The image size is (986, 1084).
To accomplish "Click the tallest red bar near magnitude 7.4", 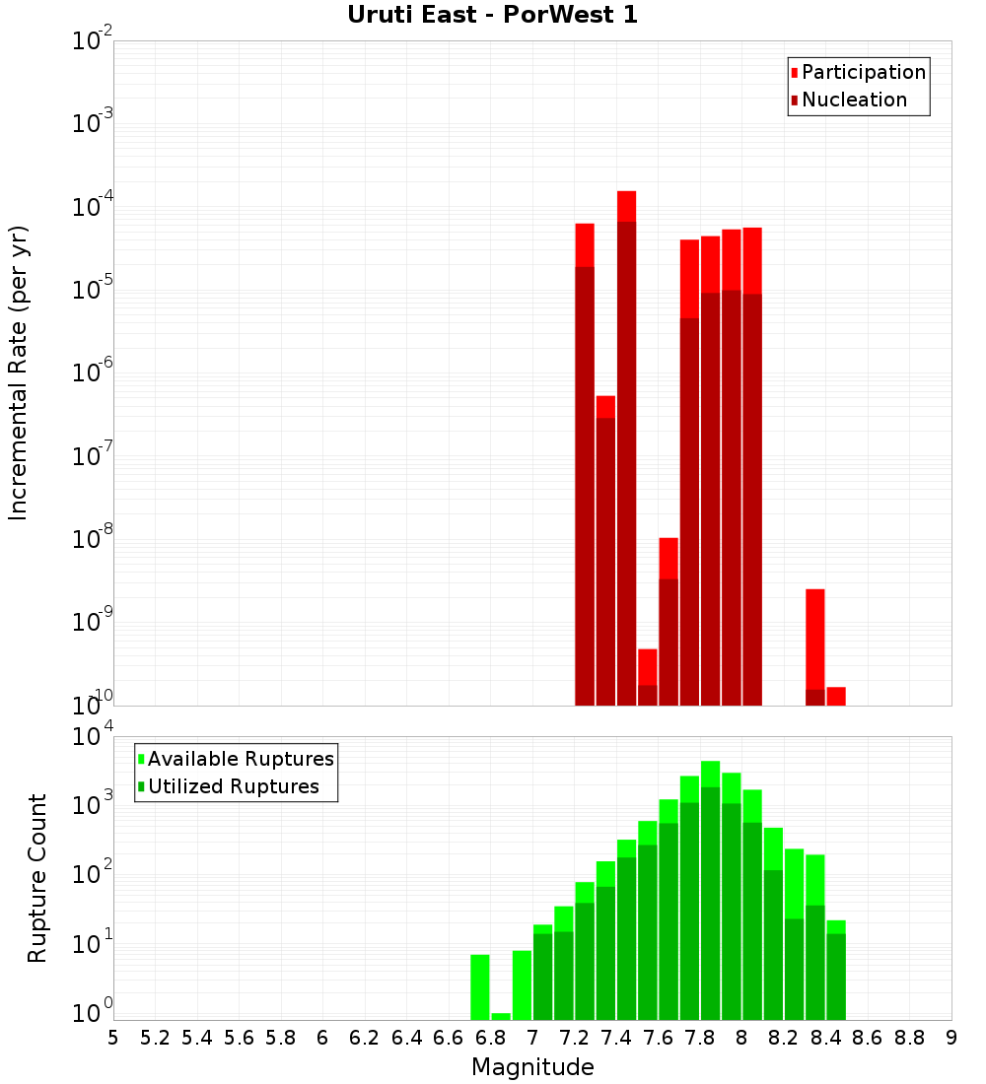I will pyautogui.click(x=626, y=443).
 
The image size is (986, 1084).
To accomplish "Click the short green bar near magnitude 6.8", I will pyautogui.click(x=501, y=1016).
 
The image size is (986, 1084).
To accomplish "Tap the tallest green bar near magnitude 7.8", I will pyautogui.click(x=710, y=887).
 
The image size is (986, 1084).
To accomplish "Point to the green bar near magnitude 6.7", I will pyautogui.click(x=480, y=985).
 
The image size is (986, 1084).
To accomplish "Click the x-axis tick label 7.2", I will pyautogui.click(x=574, y=1038).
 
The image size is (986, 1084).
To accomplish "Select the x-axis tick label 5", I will pyautogui.click(x=113, y=1038).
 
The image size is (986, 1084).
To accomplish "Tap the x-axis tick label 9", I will pyautogui.click(x=951, y=1038).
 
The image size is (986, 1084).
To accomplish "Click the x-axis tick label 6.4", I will pyautogui.click(x=406, y=1038).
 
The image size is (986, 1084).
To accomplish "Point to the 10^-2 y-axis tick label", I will pyautogui.click(x=92, y=41).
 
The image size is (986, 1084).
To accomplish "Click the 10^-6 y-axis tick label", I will pyautogui.click(x=92, y=373).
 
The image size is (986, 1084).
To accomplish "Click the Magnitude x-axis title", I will pyautogui.click(x=532, y=1067).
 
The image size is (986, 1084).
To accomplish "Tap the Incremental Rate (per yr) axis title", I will pyautogui.click(x=20, y=373).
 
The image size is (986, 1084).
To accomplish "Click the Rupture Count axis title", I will pyautogui.click(x=37, y=877).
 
